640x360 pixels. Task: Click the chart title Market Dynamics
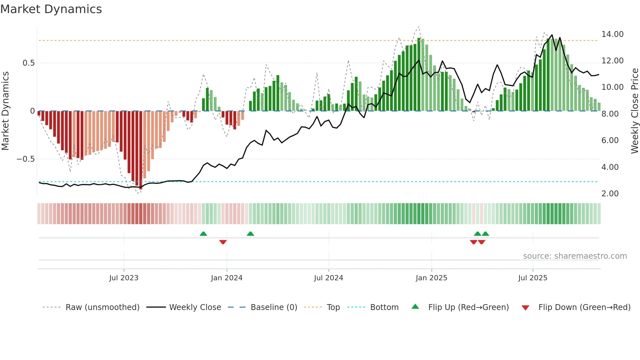51,9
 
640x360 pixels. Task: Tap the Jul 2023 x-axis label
124,278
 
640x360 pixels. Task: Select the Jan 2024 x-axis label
227,278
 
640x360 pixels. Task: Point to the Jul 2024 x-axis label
328,278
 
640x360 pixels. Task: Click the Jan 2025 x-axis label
431,278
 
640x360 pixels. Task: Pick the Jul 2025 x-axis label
533,278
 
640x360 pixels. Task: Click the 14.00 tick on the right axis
612,34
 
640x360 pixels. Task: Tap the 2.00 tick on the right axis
610,194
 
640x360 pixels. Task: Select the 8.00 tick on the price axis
610,114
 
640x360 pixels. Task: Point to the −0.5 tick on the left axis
25,159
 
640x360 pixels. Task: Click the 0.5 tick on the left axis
28,63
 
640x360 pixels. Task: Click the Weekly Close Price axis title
634,111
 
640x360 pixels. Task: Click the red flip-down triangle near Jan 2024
223,242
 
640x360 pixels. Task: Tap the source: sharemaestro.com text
575,256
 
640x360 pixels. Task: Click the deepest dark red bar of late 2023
141,150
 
